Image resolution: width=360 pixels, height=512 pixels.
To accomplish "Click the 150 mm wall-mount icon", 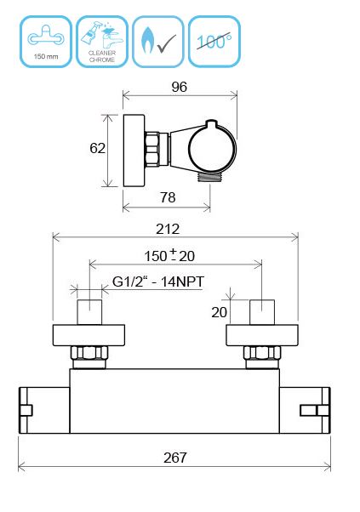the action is point(46,42).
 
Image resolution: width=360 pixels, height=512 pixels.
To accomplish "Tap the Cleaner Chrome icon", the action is point(102,42).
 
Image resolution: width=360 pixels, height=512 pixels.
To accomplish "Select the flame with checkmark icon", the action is point(158,42).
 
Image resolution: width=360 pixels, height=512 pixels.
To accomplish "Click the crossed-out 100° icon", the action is point(214,42).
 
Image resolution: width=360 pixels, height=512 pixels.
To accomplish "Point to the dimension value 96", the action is point(180,87).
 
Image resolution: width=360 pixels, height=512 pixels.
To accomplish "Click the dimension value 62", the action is point(97,148).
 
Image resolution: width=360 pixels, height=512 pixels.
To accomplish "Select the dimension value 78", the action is point(168,197).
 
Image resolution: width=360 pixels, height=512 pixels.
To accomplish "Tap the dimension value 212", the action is point(168,230).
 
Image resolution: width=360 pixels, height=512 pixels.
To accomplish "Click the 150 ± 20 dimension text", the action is point(169,256).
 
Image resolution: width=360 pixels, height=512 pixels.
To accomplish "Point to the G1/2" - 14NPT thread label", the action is point(158,282).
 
